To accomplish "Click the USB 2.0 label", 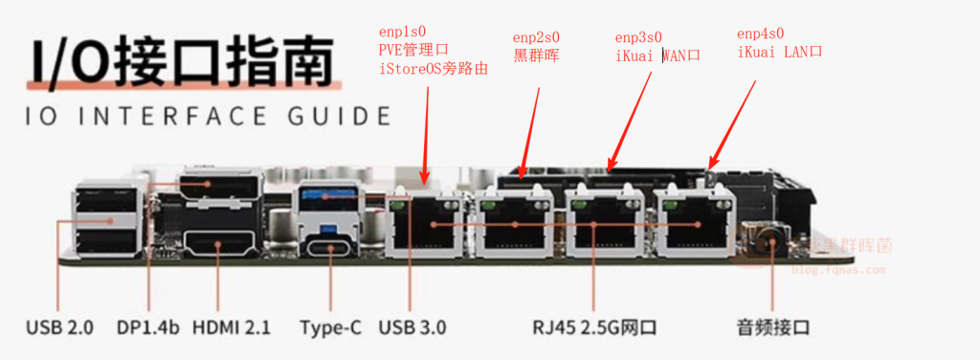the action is [x=59, y=326].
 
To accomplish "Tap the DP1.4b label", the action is [x=148, y=326].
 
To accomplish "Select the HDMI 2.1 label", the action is [x=232, y=326].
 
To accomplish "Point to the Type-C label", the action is [x=330, y=326].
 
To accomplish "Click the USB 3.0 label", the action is [x=412, y=326].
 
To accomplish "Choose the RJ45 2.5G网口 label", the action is [x=594, y=326].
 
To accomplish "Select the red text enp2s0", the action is [x=536, y=37].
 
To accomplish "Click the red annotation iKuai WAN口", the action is [x=657, y=55].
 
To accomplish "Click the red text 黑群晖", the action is [x=536, y=55].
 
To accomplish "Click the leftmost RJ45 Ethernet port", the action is [x=426, y=225].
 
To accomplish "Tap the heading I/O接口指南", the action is [x=180, y=62].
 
